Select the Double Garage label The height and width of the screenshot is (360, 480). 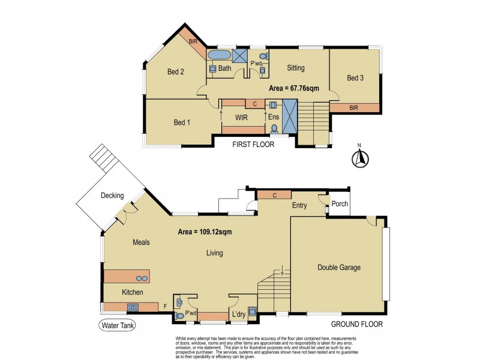tap(339, 268)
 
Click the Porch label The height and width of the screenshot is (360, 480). tap(340, 204)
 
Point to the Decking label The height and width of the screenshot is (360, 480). tap(112, 196)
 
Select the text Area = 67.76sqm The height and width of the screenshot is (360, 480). tap(293, 88)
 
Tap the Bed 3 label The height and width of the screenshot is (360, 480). tap(355, 78)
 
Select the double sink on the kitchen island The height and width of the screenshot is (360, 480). tap(142, 278)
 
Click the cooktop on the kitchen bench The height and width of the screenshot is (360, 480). tap(133, 308)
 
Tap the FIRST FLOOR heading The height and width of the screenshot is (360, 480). tap(254, 145)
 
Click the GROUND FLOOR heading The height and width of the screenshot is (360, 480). tap(357, 324)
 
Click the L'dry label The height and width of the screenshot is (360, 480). tap(238, 315)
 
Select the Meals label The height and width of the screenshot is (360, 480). tap(140, 242)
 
